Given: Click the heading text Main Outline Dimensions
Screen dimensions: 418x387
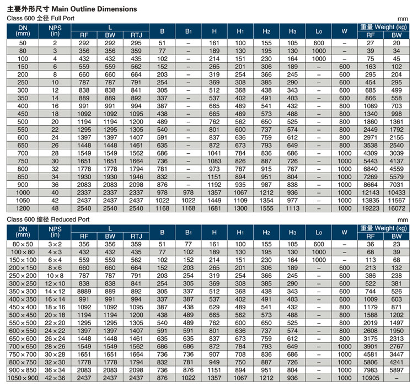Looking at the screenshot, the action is click(x=94, y=9).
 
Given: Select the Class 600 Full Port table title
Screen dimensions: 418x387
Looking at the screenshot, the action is click(x=40, y=18).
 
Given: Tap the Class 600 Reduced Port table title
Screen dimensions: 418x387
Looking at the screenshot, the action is click(x=48, y=219).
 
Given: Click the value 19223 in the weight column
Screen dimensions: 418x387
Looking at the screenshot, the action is click(x=370, y=208).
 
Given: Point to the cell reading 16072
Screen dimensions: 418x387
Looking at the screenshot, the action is click(x=396, y=208).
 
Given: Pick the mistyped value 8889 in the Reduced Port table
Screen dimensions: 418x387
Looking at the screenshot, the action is click(x=84, y=291).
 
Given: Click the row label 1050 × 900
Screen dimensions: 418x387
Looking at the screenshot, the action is click(x=23, y=378).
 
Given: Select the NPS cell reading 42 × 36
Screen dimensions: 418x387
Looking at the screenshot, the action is click(x=55, y=378).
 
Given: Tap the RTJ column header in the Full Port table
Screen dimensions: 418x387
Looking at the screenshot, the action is click(x=136, y=35).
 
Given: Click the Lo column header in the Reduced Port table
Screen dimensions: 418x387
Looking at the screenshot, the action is click(x=319, y=233).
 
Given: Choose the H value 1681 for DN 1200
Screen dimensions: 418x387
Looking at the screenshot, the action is click(x=215, y=208).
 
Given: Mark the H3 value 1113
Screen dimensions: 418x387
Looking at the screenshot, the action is click(x=292, y=208).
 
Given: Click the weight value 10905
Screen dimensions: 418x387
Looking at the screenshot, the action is click(x=370, y=378).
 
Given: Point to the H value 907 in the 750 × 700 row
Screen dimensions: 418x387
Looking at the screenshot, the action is click(x=215, y=354).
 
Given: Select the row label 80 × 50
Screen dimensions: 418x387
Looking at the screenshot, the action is click(x=23, y=244).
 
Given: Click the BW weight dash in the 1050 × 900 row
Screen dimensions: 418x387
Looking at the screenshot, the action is click(x=396, y=378).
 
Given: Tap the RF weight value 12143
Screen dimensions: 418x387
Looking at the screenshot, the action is click(x=370, y=192).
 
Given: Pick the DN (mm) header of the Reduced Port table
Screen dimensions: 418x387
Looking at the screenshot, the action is click(x=23, y=232).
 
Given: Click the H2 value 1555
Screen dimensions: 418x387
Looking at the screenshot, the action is click(x=266, y=208).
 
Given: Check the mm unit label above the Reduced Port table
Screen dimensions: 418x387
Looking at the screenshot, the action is click(x=403, y=220).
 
